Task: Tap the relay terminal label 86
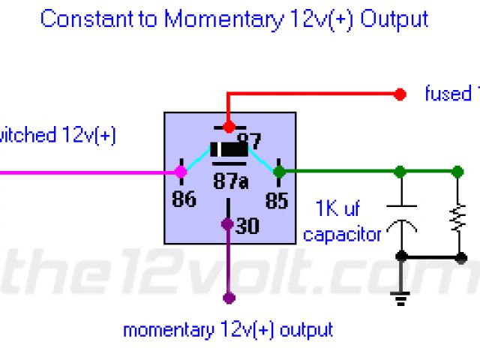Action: [x=184, y=199]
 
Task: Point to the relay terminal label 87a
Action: [x=230, y=181]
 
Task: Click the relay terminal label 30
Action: [x=247, y=226]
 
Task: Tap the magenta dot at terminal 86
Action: [x=181, y=172]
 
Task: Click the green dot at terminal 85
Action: [x=279, y=172]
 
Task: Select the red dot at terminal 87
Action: [x=229, y=127]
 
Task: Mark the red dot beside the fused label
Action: [x=400, y=94]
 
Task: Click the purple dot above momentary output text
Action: [x=229, y=298]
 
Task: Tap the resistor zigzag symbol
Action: [x=455, y=217]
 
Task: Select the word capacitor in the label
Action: [x=342, y=235]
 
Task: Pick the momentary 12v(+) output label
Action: [x=228, y=329]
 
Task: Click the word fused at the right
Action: [x=446, y=94]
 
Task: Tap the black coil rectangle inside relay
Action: [x=229, y=150]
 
